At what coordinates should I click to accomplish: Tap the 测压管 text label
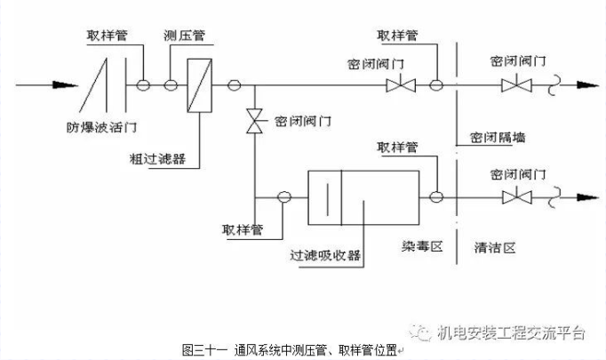[182, 36]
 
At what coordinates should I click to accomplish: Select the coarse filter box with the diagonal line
[197, 86]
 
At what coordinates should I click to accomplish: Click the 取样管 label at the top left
[107, 36]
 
